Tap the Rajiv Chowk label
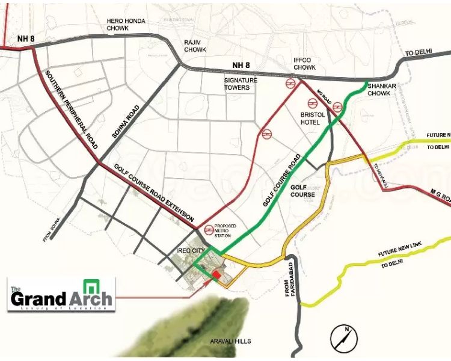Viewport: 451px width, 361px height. (x=195, y=46)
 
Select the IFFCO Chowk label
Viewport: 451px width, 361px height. (x=304, y=64)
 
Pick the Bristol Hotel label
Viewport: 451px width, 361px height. (x=312, y=117)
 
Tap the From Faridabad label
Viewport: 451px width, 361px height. (x=290, y=279)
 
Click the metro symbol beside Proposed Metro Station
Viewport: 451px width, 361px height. (x=209, y=229)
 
